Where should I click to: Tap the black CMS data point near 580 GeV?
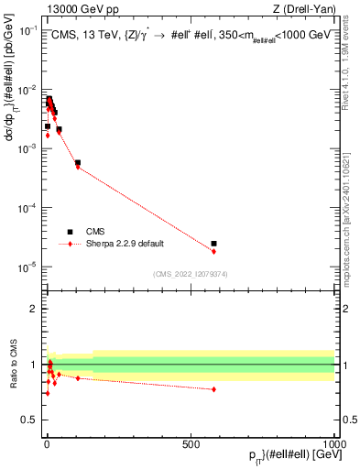pos(213,244)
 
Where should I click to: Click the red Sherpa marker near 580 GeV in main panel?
pos(213,251)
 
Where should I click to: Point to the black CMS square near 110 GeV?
pos(78,163)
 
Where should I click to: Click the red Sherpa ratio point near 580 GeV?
pos(213,389)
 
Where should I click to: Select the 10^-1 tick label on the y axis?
pos(29,30)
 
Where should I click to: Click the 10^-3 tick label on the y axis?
pos(29,148)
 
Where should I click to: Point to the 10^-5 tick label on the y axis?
pos(29,267)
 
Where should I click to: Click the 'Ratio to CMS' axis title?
pos(13,365)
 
